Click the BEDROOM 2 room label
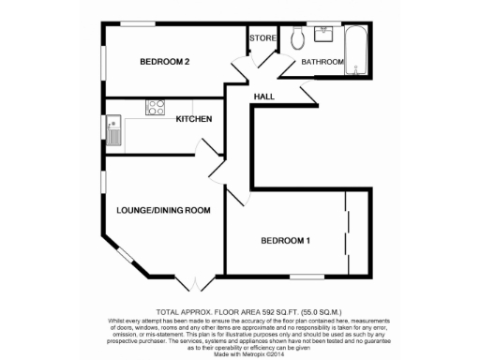165,63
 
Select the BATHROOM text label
322,63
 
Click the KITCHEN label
194,119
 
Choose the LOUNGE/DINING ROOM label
163,210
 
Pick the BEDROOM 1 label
285,242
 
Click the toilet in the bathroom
297,39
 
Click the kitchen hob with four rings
156,107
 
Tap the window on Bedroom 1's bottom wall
307,275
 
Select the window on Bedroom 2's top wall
137,24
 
